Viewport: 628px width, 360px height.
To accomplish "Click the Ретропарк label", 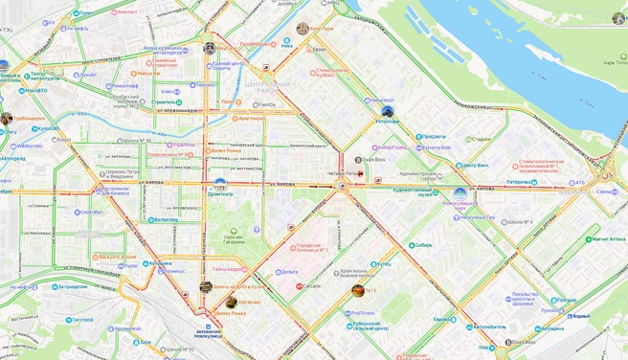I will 388,122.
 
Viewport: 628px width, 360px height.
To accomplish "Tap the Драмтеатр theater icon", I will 220,183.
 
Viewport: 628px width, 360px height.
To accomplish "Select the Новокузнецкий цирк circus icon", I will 460,194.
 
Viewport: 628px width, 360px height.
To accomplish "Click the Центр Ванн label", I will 473,165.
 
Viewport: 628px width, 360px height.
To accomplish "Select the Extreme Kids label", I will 437,147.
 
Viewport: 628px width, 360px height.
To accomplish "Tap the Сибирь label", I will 423,245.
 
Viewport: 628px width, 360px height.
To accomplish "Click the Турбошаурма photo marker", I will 7,119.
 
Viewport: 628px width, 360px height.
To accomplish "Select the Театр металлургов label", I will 50,77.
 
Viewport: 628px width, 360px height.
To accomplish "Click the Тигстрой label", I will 80,320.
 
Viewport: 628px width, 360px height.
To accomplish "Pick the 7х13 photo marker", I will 358,291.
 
